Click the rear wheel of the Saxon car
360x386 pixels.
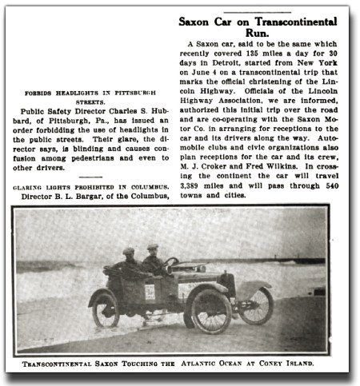coord(106,309)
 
